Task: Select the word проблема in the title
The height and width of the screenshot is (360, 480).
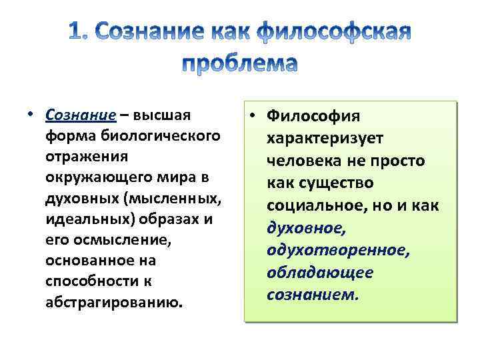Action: [x=239, y=63]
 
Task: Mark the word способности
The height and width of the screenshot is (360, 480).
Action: [x=81, y=281]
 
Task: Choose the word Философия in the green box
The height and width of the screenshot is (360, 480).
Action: [x=313, y=117]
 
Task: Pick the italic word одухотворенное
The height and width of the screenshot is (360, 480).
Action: [x=337, y=249]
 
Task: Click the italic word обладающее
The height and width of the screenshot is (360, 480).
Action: [x=320, y=272]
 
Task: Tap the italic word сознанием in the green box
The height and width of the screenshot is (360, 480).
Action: [x=312, y=294]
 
